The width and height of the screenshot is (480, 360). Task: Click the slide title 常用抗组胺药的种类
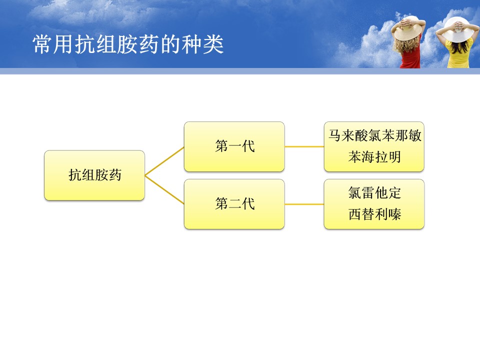click(x=128, y=44)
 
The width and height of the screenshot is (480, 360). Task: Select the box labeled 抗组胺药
click(x=94, y=175)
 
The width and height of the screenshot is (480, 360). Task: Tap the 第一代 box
click(x=234, y=146)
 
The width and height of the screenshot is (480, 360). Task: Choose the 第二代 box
click(x=234, y=204)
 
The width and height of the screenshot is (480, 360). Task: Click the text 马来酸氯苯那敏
click(x=374, y=135)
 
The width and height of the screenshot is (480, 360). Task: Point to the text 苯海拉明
click(x=374, y=157)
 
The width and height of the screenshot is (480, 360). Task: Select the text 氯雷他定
click(x=374, y=193)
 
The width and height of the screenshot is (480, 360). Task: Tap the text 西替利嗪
click(x=374, y=214)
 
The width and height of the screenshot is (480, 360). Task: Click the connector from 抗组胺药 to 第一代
click(x=164, y=161)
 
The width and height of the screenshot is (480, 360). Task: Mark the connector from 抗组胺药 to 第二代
click(x=164, y=190)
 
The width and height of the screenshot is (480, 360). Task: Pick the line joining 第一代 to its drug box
click(x=304, y=146)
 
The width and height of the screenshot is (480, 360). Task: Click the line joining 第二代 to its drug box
click(x=304, y=204)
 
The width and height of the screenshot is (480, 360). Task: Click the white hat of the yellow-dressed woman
click(x=457, y=30)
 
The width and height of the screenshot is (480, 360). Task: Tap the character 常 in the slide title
click(x=42, y=44)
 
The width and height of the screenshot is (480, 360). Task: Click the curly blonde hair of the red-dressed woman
click(x=404, y=44)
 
